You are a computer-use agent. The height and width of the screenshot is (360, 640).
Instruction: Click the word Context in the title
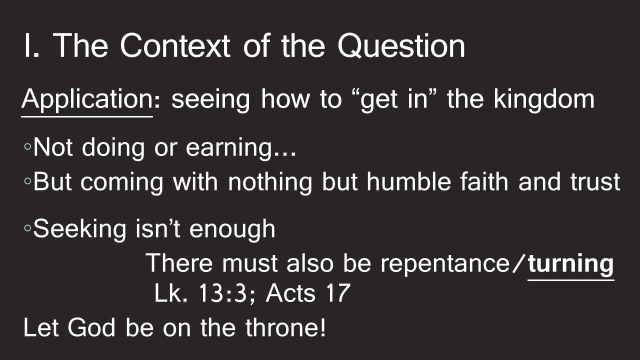point(174,46)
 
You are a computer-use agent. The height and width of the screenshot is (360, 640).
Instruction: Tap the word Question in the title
point(401,46)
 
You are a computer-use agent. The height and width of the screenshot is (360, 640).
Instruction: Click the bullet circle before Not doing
point(27,147)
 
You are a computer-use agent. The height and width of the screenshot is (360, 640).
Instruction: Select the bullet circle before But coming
point(27,182)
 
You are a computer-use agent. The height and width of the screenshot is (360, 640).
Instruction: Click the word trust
point(595,182)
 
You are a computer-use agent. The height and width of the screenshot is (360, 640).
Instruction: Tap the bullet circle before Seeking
point(27,229)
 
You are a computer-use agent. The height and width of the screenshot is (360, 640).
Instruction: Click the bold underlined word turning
point(570,263)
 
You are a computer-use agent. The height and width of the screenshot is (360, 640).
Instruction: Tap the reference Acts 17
point(307,293)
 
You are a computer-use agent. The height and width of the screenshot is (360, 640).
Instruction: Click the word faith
point(487,182)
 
